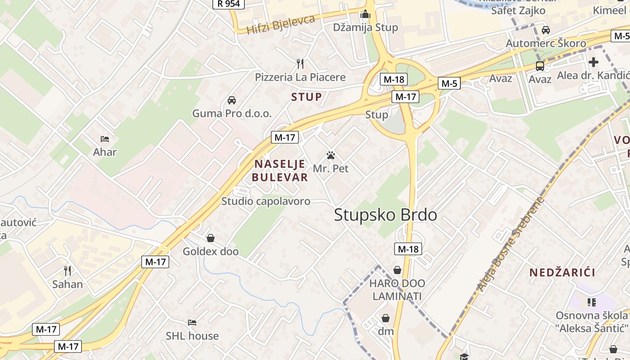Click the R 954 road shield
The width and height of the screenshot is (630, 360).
point(229,4)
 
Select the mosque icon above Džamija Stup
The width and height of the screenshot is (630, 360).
point(365,14)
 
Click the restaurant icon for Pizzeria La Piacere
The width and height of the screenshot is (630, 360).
point(300,63)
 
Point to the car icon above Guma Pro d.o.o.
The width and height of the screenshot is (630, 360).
point(232,100)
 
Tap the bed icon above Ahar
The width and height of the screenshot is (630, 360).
point(105,139)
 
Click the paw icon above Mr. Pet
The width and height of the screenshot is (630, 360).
point(331,156)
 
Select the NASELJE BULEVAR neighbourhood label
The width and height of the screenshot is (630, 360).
point(280,171)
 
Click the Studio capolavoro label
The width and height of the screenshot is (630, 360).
point(266,201)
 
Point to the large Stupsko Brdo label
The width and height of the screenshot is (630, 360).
point(386,215)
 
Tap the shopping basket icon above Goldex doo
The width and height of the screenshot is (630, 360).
point(210,238)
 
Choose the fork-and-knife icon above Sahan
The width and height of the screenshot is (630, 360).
point(67,270)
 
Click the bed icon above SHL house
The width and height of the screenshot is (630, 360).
point(192,322)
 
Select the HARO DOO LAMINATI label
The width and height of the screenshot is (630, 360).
point(397,290)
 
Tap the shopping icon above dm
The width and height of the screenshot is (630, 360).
point(386,318)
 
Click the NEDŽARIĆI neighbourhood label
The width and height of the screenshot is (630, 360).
point(562,272)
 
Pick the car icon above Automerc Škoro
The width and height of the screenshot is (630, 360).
point(546,30)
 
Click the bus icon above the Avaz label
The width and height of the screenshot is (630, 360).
point(540,66)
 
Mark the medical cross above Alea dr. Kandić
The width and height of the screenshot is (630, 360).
point(594,62)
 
